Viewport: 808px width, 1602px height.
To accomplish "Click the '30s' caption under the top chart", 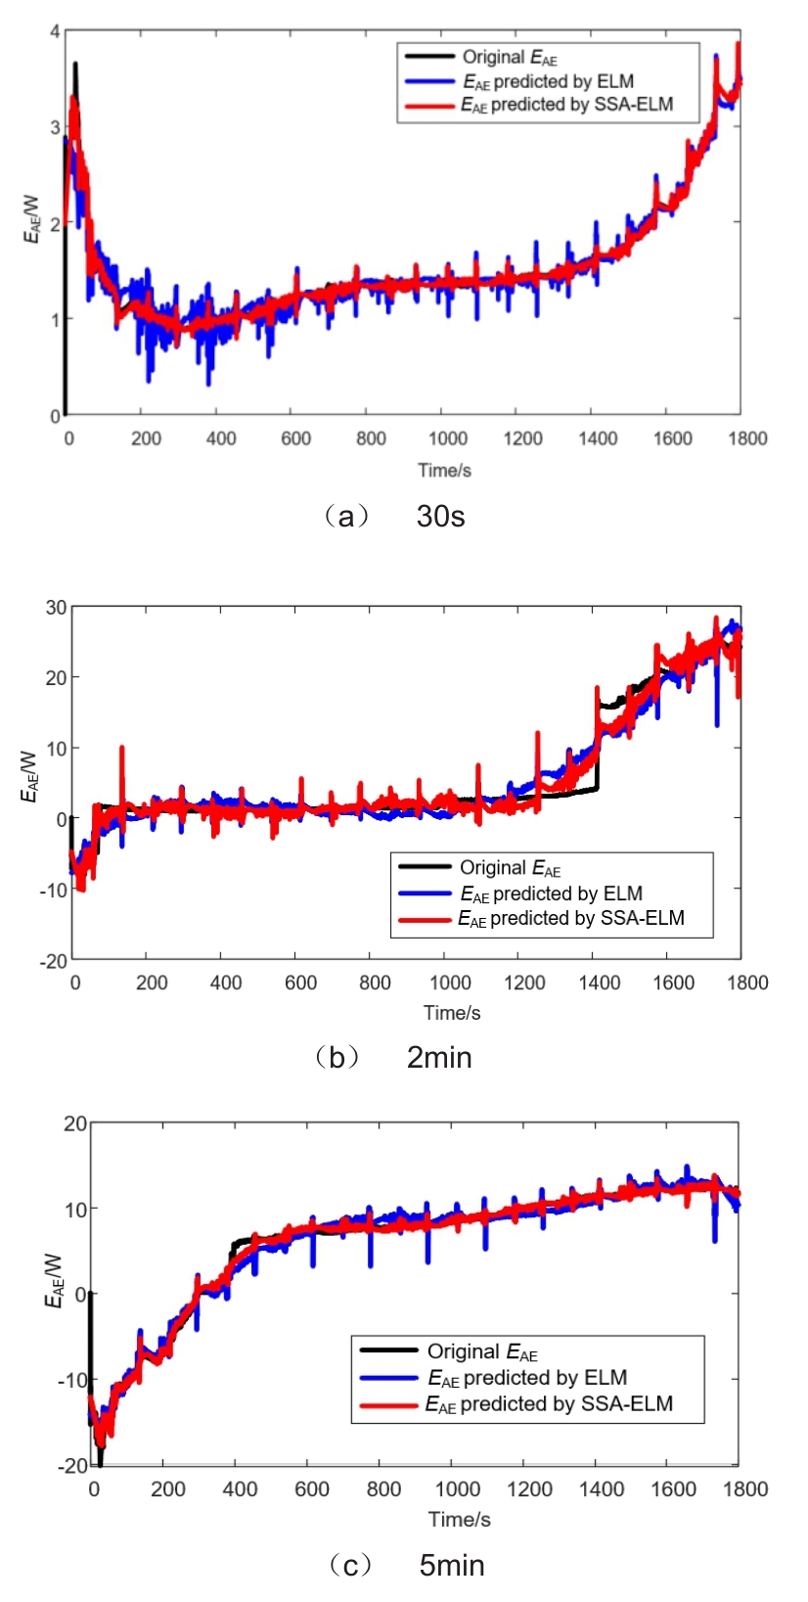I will click(x=440, y=516).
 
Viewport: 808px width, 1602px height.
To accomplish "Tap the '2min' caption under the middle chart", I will click(x=439, y=1058).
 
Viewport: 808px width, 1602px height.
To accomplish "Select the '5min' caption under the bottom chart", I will click(x=451, y=1566).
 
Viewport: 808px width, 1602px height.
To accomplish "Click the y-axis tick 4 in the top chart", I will click(x=55, y=32).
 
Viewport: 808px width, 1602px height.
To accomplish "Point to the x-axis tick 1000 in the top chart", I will click(x=447, y=438).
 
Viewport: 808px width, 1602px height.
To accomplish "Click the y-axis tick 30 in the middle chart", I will click(x=56, y=608).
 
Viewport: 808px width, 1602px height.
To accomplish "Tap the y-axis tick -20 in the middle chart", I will click(x=53, y=961).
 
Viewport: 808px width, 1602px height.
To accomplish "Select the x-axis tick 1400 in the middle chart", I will click(x=599, y=983).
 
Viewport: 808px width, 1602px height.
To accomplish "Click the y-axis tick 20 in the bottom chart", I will click(x=75, y=1123).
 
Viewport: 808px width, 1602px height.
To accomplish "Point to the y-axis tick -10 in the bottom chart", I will click(x=72, y=1380).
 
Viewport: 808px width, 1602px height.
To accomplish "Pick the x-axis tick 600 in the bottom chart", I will click(x=312, y=1489).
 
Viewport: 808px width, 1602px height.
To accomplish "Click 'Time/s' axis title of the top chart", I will click(x=444, y=471).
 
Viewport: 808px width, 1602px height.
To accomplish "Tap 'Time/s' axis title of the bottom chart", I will click(x=459, y=1520).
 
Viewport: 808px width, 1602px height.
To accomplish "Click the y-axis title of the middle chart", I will click(x=28, y=776).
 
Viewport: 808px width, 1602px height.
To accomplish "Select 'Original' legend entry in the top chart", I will click(x=509, y=58).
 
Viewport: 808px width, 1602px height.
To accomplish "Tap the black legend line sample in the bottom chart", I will click(x=388, y=1351).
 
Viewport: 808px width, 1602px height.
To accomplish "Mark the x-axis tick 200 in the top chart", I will click(x=146, y=438).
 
